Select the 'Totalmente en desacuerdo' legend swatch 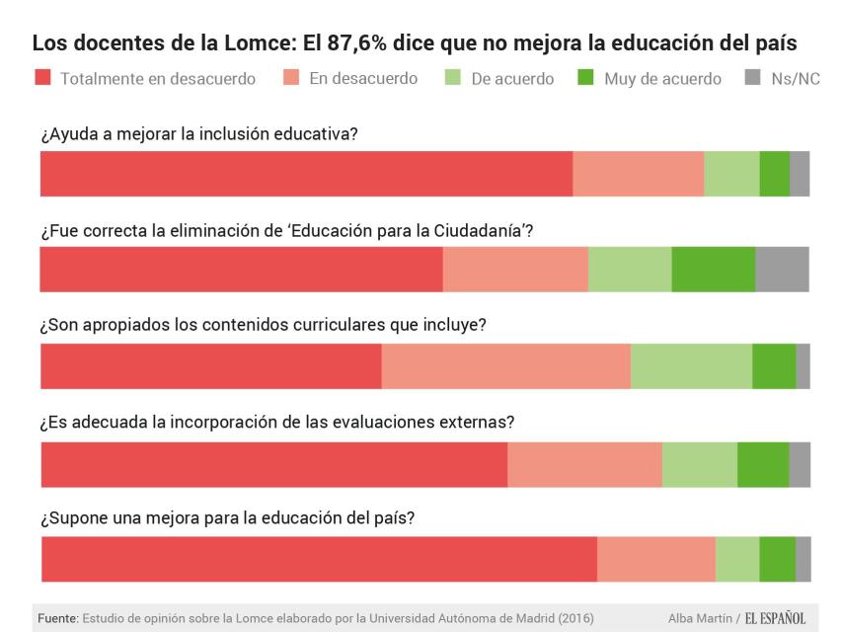tap(42, 78)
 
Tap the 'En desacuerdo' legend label tap(362, 78)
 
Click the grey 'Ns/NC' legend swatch tap(751, 78)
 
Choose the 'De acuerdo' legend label tap(512, 78)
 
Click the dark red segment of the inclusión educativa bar tap(306, 174)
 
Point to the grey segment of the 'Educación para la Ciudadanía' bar tap(782, 270)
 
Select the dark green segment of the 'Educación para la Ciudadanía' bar tap(713, 270)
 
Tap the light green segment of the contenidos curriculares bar tap(691, 366)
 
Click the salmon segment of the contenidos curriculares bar tap(505, 366)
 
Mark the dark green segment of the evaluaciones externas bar tap(763, 464)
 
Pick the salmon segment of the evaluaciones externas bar tap(584, 464)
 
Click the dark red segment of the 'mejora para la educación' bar tap(319, 559)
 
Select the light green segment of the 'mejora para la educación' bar tap(737, 559)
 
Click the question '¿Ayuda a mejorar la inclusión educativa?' tap(198, 135)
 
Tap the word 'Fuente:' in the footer tap(57, 618)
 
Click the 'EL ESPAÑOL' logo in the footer tap(776, 618)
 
